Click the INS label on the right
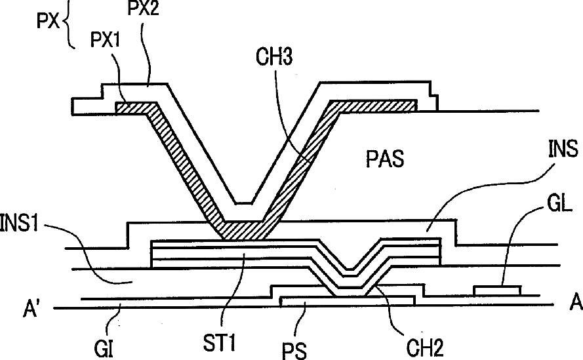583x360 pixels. coord(561,151)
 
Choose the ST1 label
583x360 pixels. coord(226,344)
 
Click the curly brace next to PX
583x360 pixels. coord(67,30)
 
